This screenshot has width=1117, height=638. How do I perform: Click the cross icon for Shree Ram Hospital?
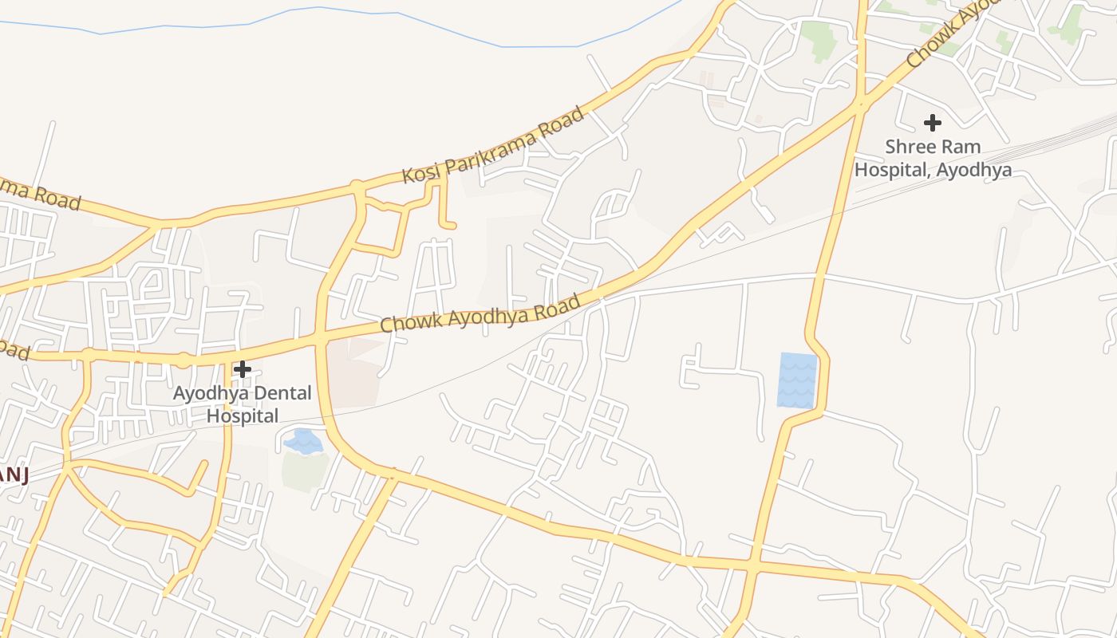932,123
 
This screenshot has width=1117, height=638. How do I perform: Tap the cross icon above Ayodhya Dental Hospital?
243,369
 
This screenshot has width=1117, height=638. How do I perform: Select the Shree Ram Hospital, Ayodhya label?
933,158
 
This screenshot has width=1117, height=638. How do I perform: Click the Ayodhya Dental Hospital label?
243,404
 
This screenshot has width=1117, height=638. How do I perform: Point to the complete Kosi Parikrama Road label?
493,145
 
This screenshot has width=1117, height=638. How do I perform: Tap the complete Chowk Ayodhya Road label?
480,313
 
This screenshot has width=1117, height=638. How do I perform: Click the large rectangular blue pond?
797,380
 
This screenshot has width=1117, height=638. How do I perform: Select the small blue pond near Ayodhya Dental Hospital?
304,441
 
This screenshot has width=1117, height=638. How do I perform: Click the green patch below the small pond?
305,471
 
